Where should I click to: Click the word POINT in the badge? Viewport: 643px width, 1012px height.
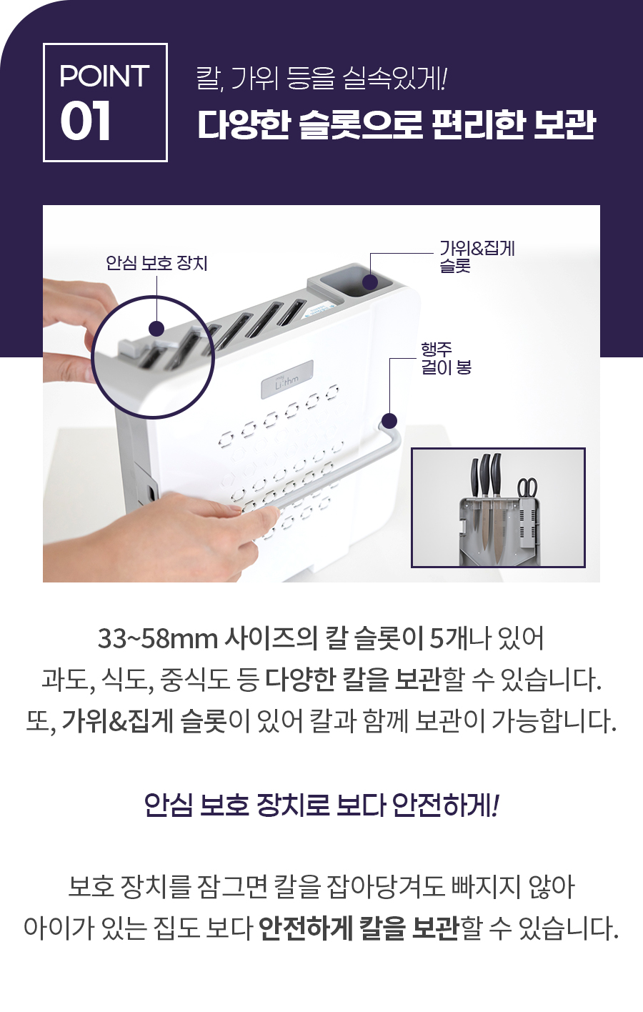pos(104,76)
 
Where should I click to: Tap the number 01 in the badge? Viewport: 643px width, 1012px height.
pos(85,121)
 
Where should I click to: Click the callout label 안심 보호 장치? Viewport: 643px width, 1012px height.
pos(156,263)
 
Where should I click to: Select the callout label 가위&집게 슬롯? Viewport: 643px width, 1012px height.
pos(477,257)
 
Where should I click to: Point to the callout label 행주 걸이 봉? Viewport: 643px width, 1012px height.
pos(446,358)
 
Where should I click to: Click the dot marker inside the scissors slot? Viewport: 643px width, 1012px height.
pos(370,282)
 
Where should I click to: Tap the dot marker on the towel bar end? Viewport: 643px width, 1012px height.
pos(389,421)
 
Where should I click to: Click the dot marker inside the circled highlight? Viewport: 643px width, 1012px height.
pos(156,329)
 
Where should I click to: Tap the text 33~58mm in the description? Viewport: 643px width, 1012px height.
pos(158,639)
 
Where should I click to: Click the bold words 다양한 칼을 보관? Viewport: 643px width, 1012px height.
pos(353,680)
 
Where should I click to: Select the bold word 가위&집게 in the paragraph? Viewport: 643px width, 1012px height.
pos(117,721)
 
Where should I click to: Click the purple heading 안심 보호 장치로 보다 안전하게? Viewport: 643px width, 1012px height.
pos(321,805)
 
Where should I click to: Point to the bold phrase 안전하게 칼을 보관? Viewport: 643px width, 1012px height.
pos(359,928)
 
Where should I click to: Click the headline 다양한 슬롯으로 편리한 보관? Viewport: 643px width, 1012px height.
pos(397,124)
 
